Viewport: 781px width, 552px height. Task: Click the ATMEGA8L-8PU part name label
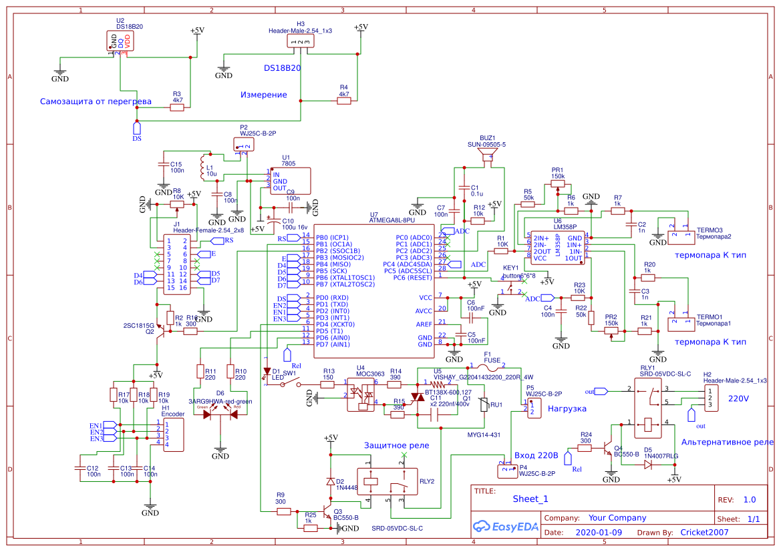coord(392,220)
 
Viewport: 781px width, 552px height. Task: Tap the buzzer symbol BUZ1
coord(486,157)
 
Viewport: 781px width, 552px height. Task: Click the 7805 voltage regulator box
coord(290,181)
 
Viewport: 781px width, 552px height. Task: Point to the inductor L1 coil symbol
coord(202,168)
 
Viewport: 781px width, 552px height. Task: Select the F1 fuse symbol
coord(488,366)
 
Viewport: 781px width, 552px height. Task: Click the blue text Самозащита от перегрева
coord(96,101)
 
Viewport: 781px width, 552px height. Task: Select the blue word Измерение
coord(263,95)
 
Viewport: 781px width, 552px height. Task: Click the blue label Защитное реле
coord(397,445)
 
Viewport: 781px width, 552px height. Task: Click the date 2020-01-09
coord(598,533)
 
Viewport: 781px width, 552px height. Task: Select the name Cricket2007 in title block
coord(704,533)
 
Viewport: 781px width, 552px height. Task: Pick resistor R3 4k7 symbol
coord(178,108)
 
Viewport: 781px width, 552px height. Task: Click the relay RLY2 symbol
coord(380,480)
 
